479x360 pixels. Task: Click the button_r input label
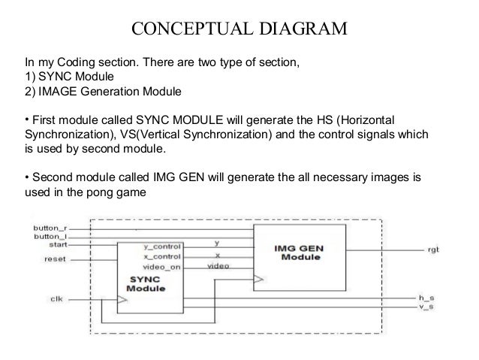pyautogui.click(x=50, y=226)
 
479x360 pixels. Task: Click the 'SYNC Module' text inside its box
pyautogui.click(x=146, y=284)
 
